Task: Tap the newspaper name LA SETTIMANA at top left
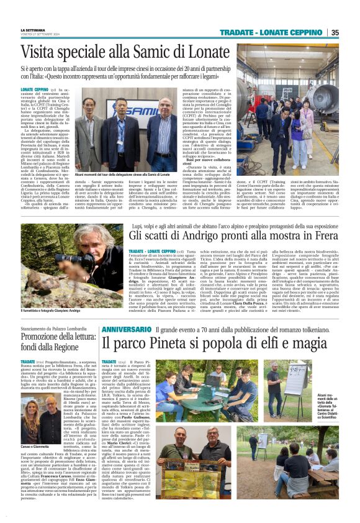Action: pos(33,30)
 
